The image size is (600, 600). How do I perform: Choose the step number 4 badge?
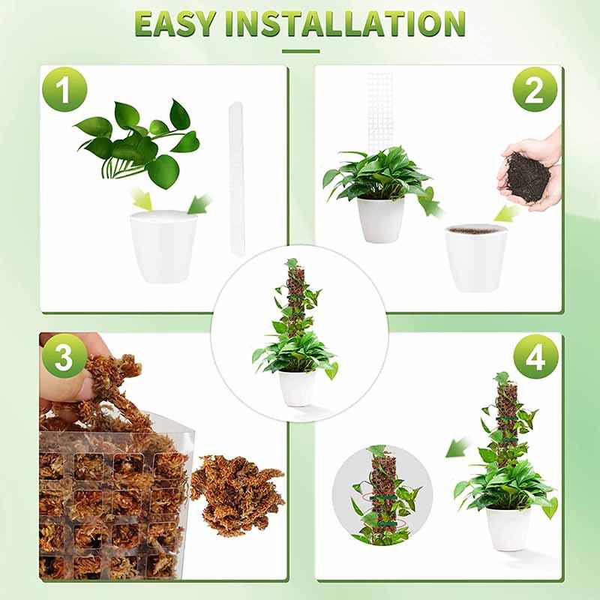(535, 358)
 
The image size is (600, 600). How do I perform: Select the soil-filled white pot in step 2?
(475, 258)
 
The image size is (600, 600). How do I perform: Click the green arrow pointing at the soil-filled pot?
(508, 213)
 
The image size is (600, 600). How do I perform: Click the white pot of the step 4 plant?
(508, 527)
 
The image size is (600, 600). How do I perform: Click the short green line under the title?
(300, 52)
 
